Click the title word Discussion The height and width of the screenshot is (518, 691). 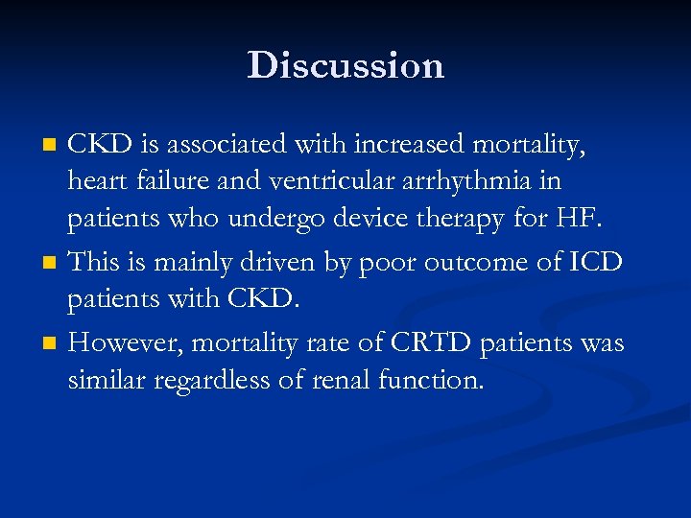(345, 65)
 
